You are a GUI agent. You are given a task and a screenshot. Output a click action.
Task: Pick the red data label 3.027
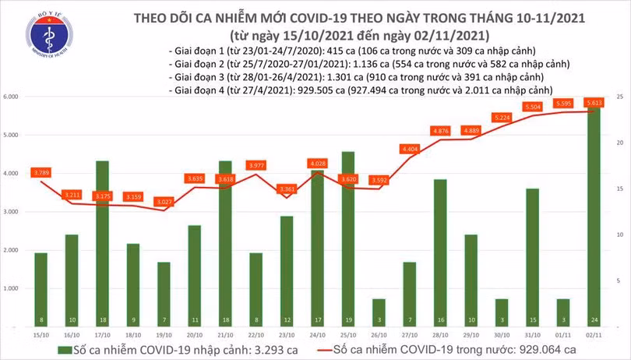point(162,202)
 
